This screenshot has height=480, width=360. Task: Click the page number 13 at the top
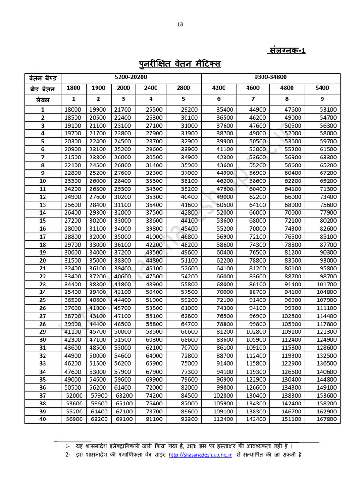(180, 24)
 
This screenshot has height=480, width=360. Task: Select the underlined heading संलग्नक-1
(287, 51)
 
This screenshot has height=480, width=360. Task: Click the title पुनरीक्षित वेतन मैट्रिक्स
(180, 64)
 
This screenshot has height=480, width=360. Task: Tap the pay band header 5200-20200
(131, 76)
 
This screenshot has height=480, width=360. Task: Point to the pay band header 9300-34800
(270, 76)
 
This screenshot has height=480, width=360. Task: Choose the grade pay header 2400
(151, 88)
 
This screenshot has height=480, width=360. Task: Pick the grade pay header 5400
(322, 88)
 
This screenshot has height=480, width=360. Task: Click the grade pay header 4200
(219, 88)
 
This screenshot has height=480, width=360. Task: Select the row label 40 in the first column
(43, 419)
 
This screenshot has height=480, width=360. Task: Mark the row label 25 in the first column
(43, 300)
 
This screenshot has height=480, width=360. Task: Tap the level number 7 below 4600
(254, 99)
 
